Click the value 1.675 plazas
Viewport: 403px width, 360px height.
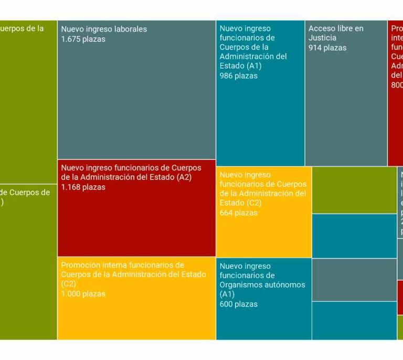[x=83, y=39]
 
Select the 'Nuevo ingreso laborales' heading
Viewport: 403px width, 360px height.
[x=104, y=29]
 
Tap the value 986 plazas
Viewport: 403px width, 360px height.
[x=238, y=76]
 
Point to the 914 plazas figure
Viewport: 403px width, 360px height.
[x=327, y=47]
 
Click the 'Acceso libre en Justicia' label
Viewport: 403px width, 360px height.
[x=335, y=33]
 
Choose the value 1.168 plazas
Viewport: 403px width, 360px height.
[x=83, y=187]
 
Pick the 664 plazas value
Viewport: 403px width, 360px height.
[x=238, y=213]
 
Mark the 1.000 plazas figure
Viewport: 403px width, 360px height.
[x=83, y=293]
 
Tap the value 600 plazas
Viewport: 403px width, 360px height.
[x=238, y=304]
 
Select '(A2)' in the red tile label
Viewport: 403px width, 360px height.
[x=184, y=177]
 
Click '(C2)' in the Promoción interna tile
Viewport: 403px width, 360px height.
[x=69, y=284]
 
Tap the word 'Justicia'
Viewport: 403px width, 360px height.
[x=323, y=38]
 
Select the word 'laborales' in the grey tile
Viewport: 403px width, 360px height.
[x=131, y=29]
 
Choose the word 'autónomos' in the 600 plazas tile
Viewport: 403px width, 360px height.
[x=283, y=285]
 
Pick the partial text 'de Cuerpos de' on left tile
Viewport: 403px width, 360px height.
[x=25, y=192]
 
